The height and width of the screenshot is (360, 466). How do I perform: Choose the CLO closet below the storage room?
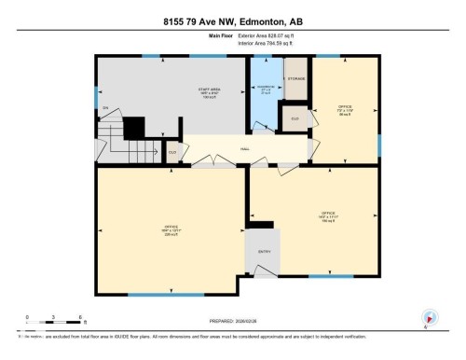(295, 119)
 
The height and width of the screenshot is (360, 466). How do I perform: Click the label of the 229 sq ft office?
(171, 229)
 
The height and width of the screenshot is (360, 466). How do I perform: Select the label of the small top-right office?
(344, 109)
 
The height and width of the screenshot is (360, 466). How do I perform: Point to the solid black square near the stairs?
(135, 127)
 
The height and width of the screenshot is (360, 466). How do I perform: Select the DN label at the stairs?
(106, 109)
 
